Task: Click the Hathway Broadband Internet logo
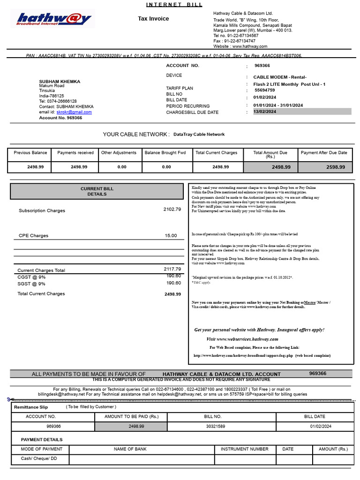coord(53,19)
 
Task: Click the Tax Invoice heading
coord(153,19)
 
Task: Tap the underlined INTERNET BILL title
coord(174,5)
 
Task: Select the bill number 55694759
coord(265,90)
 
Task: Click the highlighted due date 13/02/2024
coord(265,112)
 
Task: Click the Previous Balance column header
coord(30,153)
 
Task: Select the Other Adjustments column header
coord(119,153)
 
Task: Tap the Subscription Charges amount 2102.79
coord(172,210)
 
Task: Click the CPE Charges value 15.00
coord(171,236)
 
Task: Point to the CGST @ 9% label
coord(31,277)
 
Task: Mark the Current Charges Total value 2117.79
coord(172,269)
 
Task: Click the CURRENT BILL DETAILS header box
coord(97,191)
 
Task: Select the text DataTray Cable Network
coord(199,135)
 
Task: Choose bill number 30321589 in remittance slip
coord(215,426)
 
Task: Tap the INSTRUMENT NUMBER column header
coord(244,449)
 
